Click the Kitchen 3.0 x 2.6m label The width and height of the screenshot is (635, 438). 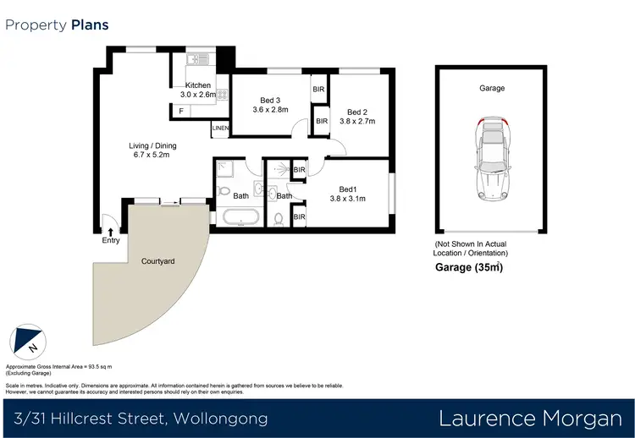click(x=198, y=90)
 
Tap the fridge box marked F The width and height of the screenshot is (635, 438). click(x=181, y=111)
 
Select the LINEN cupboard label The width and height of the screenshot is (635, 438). click(x=220, y=129)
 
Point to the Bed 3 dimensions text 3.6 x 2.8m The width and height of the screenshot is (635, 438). click(x=271, y=109)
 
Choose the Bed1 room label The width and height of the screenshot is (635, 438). click(x=347, y=189)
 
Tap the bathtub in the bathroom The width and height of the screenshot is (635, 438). click(x=242, y=219)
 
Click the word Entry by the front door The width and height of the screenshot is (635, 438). click(x=111, y=241)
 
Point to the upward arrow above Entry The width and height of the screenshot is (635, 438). click(x=111, y=231)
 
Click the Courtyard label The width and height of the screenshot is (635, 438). click(x=157, y=261)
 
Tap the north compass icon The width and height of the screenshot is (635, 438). click(x=26, y=341)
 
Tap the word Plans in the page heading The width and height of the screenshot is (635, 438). click(x=89, y=25)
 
